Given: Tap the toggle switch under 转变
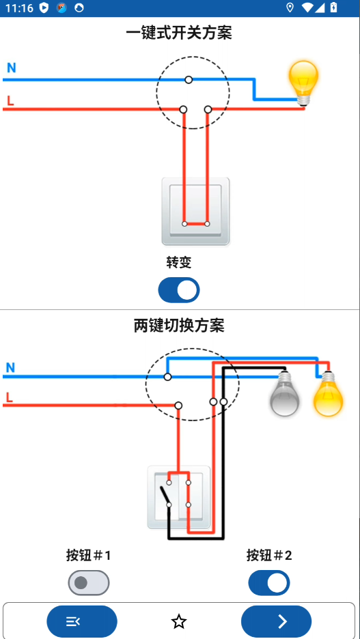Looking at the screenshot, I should pyautogui.click(x=179, y=290).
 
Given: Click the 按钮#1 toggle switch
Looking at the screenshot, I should pyautogui.click(x=89, y=583).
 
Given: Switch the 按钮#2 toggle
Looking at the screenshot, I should pyautogui.click(x=268, y=583).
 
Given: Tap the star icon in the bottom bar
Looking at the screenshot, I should pyautogui.click(x=179, y=621).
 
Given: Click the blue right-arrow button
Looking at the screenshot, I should pyautogui.click(x=276, y=621).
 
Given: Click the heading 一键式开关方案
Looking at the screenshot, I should pyautogui.click(x=179, y=32).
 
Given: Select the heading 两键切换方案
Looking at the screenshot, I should pyautogui.click(x=179, y=326).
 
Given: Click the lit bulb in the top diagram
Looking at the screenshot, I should pyautogui.click(x=303, y=82).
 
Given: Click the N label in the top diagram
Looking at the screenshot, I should pyautogui.click(x=12, y=68).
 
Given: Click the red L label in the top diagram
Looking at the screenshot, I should pyautogui.click(x=10, y=102).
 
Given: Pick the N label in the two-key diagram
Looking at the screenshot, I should pyautogui.click(x=10, y=368).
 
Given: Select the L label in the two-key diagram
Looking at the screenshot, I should pyautogui.click(x=9, y=397).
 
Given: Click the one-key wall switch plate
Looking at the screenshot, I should pyautogui.click(x=195, y=211).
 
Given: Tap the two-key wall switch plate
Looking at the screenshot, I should pyautogui.click(x=179, y=497).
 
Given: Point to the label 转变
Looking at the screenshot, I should pyautogui.click(x=179, y=263).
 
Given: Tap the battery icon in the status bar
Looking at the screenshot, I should pyautogui.click(x=333, y=8).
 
